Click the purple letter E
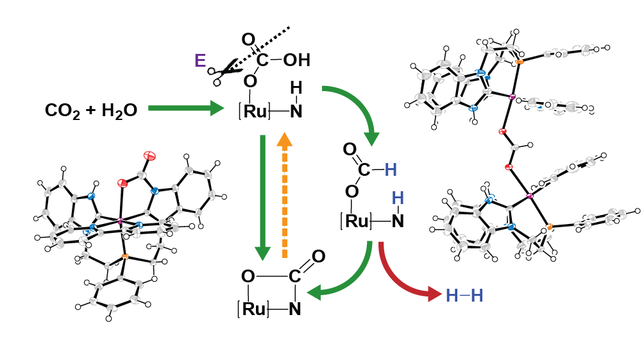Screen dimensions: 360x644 tap(200, 61)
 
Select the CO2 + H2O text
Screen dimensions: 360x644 tap(91, 110)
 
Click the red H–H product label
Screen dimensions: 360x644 tap(464, 295)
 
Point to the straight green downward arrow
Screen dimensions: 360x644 tap(261, 193)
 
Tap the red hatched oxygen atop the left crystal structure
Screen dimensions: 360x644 tap(149, 155)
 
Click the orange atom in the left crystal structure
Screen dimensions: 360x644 tap(125, 257)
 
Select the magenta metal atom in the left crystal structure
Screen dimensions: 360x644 tap(119, 222)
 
